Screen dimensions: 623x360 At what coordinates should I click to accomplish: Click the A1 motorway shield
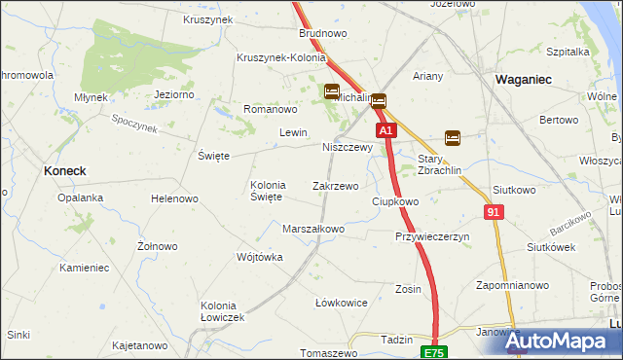[386, 129]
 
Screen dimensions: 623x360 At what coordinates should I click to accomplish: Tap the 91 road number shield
[494, 211]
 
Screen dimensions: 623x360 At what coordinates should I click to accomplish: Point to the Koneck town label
[65, 170]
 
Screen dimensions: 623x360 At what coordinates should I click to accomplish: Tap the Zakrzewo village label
[335, 185]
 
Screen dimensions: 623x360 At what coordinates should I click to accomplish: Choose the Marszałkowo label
[313, 230]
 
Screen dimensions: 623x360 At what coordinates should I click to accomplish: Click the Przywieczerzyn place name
[432, 236]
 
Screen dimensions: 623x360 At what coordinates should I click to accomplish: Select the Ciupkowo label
[395, 201]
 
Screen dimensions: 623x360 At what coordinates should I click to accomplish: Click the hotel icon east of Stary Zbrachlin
[453, 137]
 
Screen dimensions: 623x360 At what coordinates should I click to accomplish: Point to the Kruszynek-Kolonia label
[280, 57]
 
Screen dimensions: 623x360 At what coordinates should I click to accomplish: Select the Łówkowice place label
[341, 303]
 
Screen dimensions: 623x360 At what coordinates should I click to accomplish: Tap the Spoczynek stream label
[134, 124]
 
